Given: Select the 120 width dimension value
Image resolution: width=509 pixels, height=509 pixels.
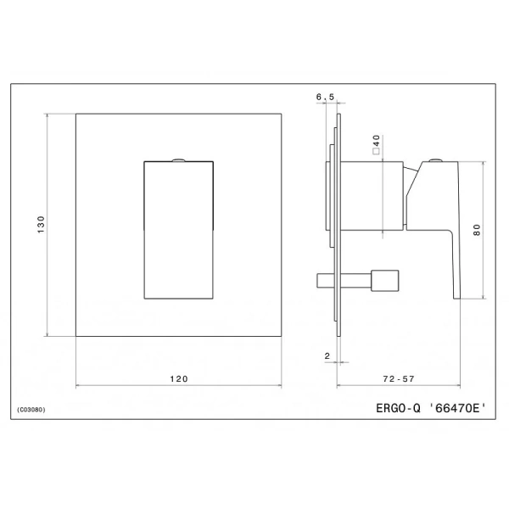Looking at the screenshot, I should pyautogui.click(x=179, y=379).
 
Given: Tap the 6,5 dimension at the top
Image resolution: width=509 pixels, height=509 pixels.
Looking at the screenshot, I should pyautogui.click(x=325, y=98).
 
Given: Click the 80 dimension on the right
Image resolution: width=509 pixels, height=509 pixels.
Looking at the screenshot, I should pyautogui.click(x=477, y=228).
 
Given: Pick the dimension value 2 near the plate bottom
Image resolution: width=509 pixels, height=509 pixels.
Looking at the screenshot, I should pyautogui.click(x=327, y=356).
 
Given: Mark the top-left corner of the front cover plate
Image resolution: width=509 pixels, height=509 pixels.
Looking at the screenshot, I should pyautogui.click(x=76, y=114).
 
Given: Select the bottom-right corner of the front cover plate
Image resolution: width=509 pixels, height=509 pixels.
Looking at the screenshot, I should pyautogui.click(x=282, y=337).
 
